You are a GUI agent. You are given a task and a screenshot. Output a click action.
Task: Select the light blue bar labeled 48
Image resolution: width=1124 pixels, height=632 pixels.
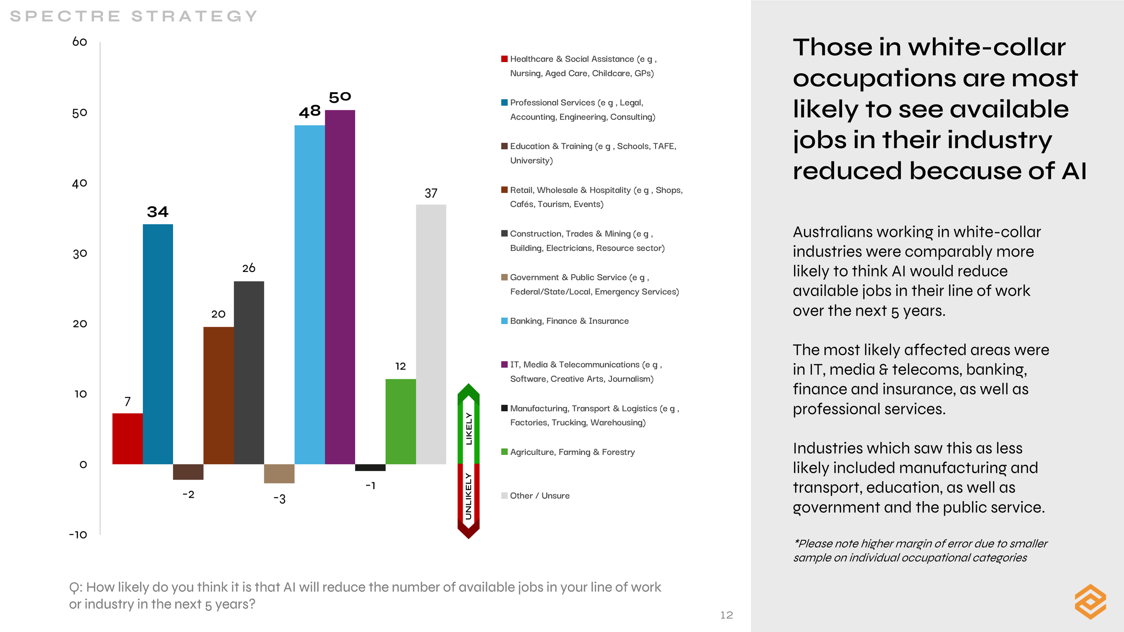309,294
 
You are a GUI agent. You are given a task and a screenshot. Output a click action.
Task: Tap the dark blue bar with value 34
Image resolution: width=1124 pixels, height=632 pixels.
158,344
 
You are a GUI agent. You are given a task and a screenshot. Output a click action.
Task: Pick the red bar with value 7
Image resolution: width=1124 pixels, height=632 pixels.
127,439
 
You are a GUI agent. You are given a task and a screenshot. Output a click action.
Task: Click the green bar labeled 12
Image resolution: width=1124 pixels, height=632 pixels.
401,422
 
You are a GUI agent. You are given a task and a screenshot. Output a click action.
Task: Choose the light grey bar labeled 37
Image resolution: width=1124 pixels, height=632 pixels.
431,334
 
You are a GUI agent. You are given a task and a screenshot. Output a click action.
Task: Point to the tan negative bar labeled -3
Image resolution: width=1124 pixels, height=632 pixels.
279,473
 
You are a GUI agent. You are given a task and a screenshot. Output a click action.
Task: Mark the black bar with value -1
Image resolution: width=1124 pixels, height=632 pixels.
370,467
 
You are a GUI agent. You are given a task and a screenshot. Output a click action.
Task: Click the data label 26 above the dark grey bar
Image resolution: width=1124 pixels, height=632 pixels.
249,268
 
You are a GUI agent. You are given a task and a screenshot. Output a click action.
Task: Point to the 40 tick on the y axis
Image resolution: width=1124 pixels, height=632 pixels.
80,183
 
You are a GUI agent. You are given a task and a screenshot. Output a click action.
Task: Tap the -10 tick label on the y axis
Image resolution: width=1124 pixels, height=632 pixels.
78,535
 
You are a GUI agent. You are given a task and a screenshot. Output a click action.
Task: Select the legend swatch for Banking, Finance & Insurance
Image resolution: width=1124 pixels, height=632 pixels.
504,321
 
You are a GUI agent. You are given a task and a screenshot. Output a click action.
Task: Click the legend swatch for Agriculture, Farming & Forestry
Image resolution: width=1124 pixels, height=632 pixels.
504,452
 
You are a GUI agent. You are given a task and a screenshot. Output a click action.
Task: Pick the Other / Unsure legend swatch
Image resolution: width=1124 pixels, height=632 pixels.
504,495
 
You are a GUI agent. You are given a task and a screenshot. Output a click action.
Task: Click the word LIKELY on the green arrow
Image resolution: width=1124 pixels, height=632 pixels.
469,428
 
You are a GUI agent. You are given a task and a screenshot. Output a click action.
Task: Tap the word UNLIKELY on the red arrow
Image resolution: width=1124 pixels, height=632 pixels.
469,496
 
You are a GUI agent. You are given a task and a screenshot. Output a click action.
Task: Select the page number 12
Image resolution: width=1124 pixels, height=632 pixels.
727,615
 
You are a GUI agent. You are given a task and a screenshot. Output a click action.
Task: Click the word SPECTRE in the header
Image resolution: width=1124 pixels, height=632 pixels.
65,16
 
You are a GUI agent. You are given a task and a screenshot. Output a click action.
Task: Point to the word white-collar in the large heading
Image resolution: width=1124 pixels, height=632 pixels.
986,47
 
